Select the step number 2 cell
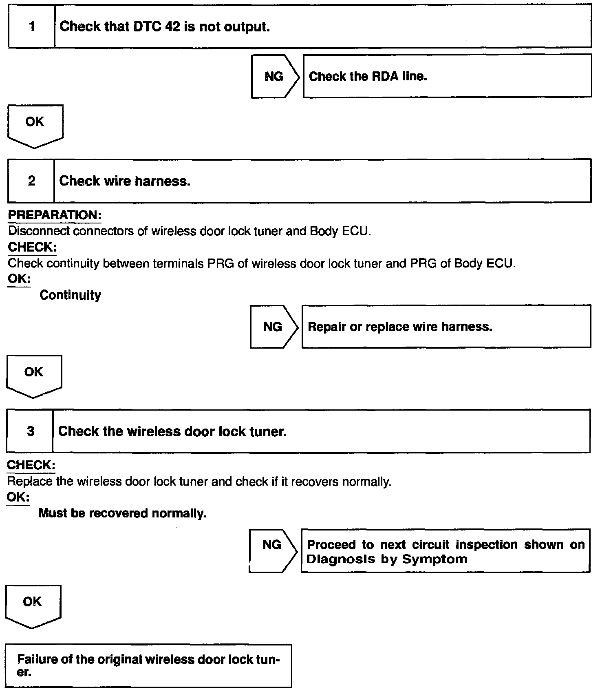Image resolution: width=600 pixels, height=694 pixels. pyautogui.click(x=31, y=181)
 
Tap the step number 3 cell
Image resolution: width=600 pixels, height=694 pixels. pyautogui.click(x=30, y=431)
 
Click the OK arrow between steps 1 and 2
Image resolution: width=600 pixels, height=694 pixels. pyautogui.click(x=35, y=124)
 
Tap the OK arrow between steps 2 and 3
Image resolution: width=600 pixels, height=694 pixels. pyautogui.click(x=34, y=374)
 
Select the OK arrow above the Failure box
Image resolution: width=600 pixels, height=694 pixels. pyautogui.click(x=33, y=604)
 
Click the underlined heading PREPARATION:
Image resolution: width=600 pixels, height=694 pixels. pyautogui.click(x=55, y=215)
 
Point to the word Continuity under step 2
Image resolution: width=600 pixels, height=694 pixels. pyautogui.click(x=70, y=295)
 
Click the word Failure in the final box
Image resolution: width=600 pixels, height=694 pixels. pyautogui.click(x=37, y=659)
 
